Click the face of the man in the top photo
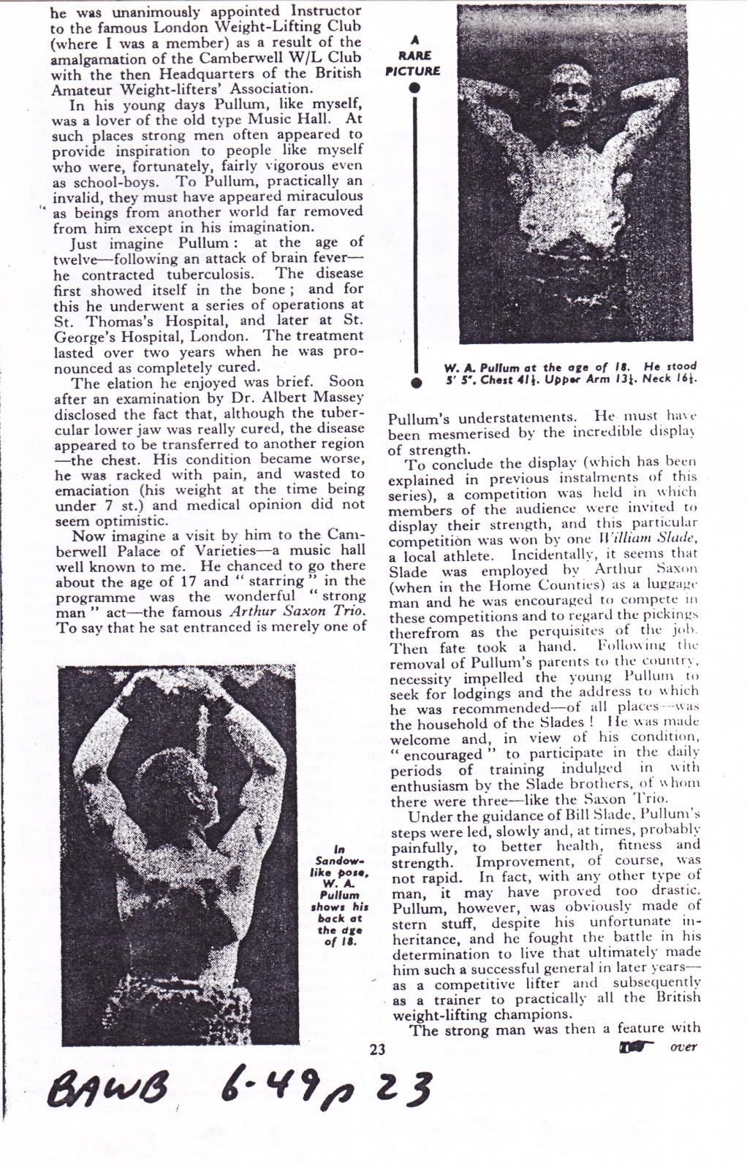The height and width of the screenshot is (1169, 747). coord(571,88)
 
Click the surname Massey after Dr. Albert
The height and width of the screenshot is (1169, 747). coord(338,397)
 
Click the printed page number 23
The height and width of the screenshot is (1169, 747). coord(377,1051)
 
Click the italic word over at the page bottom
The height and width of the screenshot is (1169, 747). coord(683,1047)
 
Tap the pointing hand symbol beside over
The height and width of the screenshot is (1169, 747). coord(634,1048)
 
